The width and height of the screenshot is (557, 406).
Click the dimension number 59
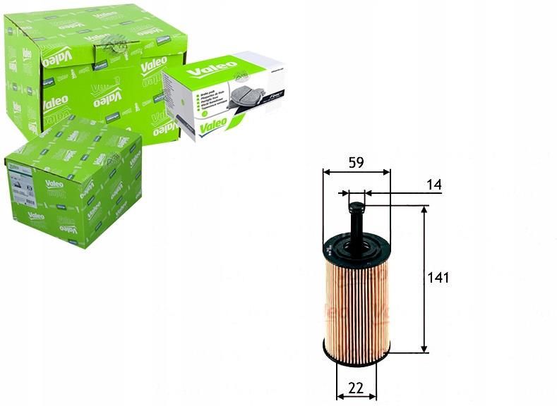[x=356, y=162]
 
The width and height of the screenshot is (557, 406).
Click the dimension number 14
[x=433, y=185]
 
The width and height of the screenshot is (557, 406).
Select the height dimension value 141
[x=438, y=277]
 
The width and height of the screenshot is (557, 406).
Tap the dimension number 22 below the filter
[x=356, y=388]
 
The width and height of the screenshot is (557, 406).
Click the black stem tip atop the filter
[x=357, y=207]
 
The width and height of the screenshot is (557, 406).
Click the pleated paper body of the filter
[x=357, y=303]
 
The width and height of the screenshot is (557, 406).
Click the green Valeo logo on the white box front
[x=212, y=125]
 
